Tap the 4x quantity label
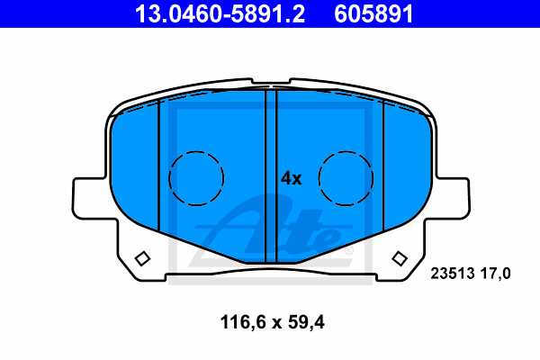tap(291, 178)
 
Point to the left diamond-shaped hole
tap(141, 259)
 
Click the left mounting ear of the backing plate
tap(90, 198)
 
